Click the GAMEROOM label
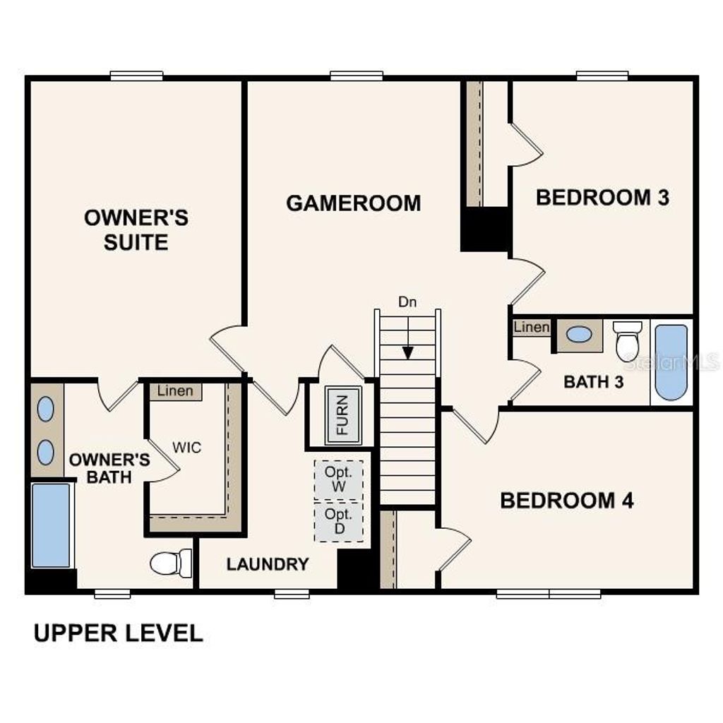[353, 203]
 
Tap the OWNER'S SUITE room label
[136, 229]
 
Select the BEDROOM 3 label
[602, 197]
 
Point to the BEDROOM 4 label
[566, 501]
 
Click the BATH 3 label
[594, 382]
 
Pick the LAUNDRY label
[268, 564]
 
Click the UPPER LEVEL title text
[118, 633]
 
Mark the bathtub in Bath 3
[671, 362]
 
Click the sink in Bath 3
[579, 335]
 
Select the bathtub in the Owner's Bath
[51, 525]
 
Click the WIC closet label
[188, 448]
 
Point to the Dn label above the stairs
[407, 302]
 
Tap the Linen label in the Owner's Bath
[174, 391]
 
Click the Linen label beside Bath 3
[531, 327]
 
